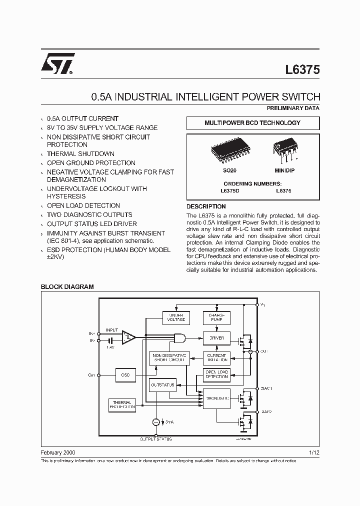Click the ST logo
coord(57,63)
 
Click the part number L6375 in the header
coord(302,70)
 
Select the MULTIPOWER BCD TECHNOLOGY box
coord(252,123)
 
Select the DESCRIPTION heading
coord(206,206)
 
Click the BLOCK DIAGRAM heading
coord(67,287)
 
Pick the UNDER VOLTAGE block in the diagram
coord(176,317)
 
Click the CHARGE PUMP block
coord(216,317)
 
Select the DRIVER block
coord(216,338)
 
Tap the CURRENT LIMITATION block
coord(216,357)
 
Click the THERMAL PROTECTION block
coord(122,405)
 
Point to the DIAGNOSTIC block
coord(216,398)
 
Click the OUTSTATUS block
coord(162,385)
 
